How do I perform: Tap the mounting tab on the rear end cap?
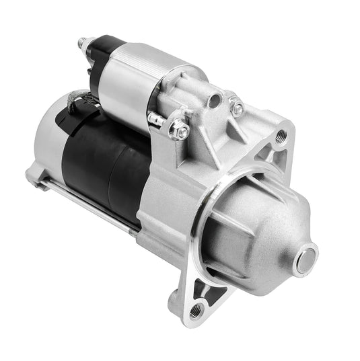pyautogui.click(x=34, y=176)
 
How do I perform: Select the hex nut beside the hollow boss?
pyautogui.click(x=236, y=108)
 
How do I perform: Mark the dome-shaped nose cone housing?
pyautogui.click(x=262, y=229)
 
